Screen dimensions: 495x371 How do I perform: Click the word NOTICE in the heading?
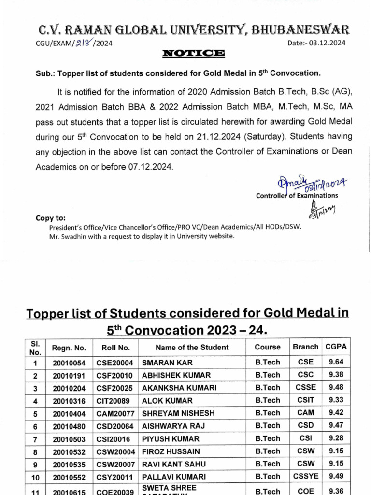(193, 53)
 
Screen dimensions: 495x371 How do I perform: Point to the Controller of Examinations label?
(297, 195)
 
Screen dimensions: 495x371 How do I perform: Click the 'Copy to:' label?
(51, 218)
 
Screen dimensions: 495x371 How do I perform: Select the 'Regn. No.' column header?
(69, 347)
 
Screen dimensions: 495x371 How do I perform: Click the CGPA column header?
(336, 347)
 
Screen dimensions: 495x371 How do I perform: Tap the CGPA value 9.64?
(336, 362)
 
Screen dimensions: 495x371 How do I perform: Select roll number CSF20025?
(115, 388)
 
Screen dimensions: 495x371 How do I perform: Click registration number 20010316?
(69, 401)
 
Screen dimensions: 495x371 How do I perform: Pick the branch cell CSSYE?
(306, 476)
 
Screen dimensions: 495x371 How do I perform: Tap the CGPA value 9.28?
(336, 438)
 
